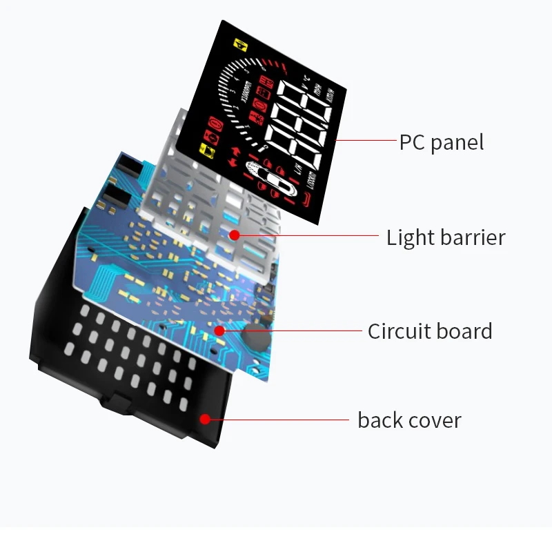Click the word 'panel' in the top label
click(457, 143)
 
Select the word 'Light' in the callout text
click(407, 237)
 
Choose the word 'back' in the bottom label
click(379, 420)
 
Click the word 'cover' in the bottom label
click(435, 420)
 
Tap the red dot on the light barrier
click(235, 235)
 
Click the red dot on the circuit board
click(219, 331)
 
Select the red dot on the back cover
click(205, 419)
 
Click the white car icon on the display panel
click(273, 181)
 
